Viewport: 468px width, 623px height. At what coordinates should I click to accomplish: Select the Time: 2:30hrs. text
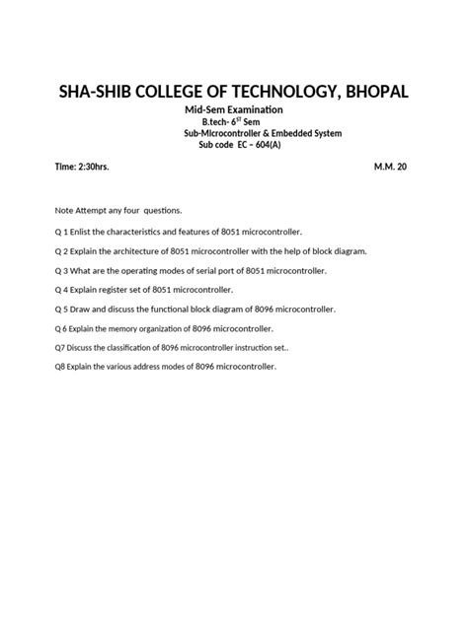click(82, 168)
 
